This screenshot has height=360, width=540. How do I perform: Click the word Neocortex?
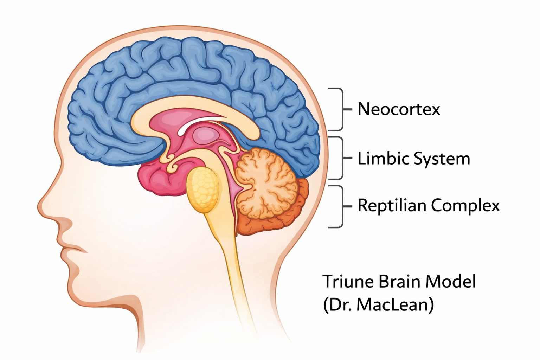click(x=399, y=109)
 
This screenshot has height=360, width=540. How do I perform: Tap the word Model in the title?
click(x=451, y=282)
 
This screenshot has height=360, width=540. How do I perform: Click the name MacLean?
click(x=395, y=305)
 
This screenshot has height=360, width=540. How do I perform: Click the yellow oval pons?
click(x=203, y=189)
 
